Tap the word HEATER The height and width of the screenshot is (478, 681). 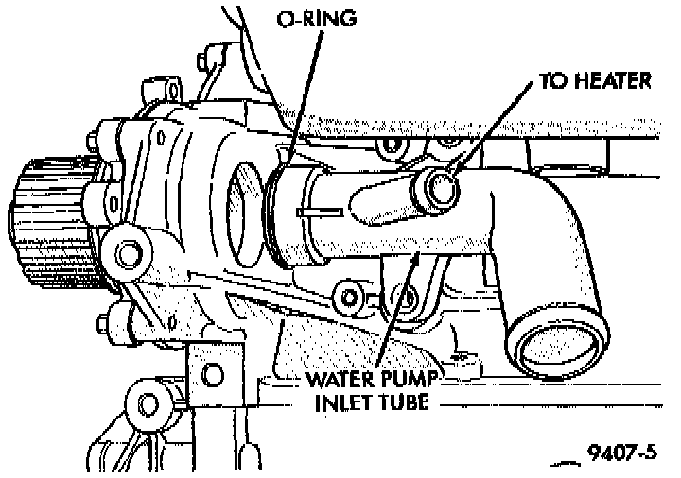[x=610, y=82]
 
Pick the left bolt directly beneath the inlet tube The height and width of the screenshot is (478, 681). [x=353, y=297]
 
